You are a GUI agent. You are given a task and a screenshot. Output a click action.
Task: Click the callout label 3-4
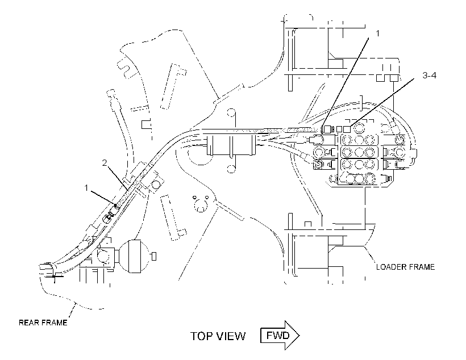[429, 76]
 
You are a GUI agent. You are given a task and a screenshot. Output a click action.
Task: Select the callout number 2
[105, 163]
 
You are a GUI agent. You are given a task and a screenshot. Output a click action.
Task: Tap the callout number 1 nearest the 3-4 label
[377, 34]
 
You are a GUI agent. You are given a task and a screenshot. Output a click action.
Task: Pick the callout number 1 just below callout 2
[86, 188]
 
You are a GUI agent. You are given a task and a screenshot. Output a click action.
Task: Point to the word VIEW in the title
[231, 336]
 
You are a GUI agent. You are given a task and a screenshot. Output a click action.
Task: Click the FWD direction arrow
[280, 336]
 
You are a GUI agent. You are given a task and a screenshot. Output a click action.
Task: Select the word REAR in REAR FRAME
[29, 323]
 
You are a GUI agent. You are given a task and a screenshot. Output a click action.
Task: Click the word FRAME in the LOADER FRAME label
[422, 267]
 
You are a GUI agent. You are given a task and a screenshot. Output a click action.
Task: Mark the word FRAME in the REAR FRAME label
[55, 323]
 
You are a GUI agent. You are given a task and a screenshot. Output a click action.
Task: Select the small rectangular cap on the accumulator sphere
[154, 256]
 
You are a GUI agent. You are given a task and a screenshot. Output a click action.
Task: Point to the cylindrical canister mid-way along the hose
[231, 145]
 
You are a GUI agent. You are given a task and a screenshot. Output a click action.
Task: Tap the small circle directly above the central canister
[231, 113]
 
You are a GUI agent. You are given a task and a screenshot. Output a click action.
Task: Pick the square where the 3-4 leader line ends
[347, 129]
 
